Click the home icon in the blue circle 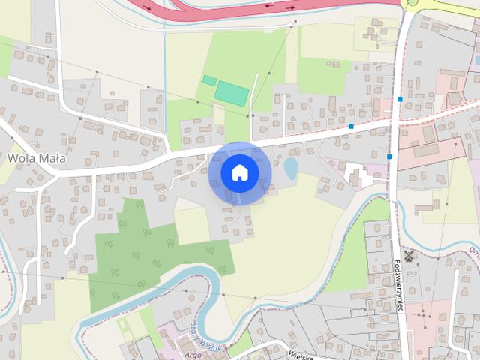click(x=239, y=172)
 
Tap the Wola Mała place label click(x=37, y=158)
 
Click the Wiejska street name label click(x=300, y=350)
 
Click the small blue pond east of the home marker click(x=290, y=169)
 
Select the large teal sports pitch click(x=232, y=94)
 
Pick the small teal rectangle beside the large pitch click(x=209, y=80)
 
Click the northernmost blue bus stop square click(x=400, y=99)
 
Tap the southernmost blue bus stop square click(x=390, y=157)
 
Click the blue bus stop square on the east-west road click(x=351, y=127)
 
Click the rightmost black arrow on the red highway click(x=289, y=6)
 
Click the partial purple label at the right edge click(x=474, y=252)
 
